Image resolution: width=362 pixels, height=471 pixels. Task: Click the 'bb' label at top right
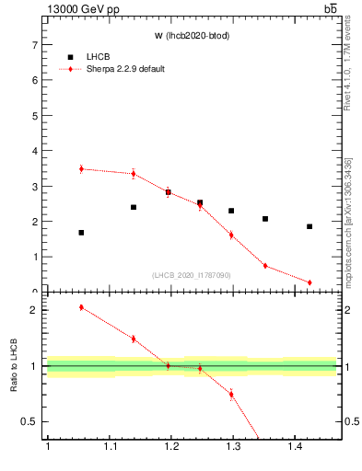330,9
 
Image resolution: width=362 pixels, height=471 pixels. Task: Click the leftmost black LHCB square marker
81,233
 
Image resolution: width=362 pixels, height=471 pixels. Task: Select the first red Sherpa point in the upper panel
81,169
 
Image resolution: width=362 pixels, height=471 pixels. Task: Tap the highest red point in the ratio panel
81,307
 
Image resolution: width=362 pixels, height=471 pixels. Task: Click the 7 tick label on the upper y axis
35,45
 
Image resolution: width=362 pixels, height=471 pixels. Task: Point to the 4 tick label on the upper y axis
35,151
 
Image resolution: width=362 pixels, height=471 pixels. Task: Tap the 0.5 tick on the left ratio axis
31,421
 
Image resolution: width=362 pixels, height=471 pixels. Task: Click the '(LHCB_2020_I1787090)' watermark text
192,275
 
